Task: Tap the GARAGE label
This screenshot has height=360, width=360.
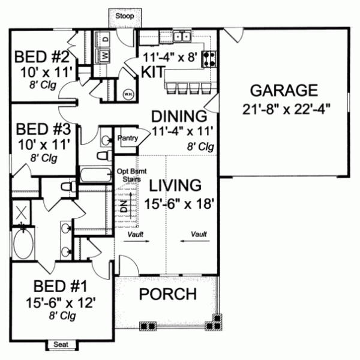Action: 284,91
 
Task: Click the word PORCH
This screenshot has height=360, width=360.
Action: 168,294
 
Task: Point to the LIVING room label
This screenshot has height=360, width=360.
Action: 175,184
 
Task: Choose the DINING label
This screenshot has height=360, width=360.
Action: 179,115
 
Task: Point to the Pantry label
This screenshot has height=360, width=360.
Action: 128,138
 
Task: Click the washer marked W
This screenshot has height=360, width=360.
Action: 104,56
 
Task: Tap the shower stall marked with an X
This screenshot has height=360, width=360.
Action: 23,213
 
